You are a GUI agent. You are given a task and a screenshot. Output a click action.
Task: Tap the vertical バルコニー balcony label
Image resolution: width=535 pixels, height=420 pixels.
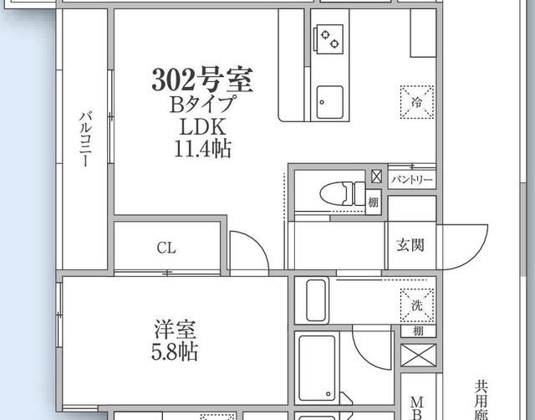click(84, 141)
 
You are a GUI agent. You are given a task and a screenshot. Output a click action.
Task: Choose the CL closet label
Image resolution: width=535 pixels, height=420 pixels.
click(166, 248)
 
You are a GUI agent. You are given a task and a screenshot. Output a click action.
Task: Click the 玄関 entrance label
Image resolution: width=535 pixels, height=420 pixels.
click(410, 244)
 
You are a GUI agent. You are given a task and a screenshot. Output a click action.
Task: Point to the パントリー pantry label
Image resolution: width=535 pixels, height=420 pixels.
click(412, 179)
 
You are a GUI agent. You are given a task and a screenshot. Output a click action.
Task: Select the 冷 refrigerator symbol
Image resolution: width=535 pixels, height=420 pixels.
click(416, 102)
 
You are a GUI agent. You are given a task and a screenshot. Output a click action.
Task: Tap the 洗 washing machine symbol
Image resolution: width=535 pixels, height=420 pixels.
click(416, 305)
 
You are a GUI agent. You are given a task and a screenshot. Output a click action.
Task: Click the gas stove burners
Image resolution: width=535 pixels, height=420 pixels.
click(329, 38)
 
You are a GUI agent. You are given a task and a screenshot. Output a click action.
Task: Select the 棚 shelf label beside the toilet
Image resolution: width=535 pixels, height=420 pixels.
click(374, 202)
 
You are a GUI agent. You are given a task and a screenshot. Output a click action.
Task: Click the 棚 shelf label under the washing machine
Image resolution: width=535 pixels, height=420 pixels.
click(417, 331)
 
